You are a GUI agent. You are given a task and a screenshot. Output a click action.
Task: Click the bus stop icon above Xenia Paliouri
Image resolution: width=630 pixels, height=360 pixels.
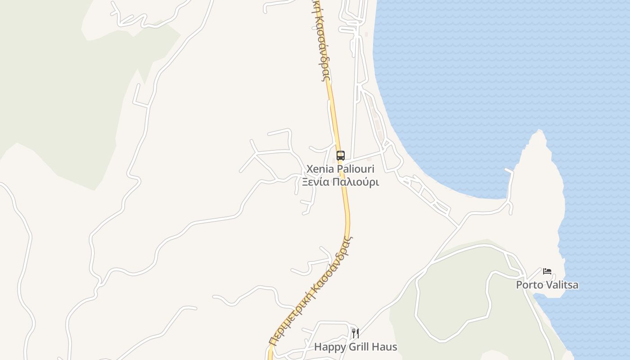click(341, 156)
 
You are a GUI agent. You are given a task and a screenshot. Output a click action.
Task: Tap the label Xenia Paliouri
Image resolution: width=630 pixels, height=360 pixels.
click(340, 169)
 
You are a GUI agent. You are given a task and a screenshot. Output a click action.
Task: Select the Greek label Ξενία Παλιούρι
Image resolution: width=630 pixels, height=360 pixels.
click(340, 182)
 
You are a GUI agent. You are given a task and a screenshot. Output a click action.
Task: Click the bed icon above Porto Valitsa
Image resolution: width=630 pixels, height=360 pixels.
click(547, 271)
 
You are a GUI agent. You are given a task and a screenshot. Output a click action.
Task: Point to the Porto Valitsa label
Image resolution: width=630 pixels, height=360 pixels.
click(547, 285)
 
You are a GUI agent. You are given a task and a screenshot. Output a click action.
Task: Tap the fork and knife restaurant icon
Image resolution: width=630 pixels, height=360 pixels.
click(355, 333)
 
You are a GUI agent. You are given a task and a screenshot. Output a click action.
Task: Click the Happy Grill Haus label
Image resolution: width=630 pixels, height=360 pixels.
click(355, 347)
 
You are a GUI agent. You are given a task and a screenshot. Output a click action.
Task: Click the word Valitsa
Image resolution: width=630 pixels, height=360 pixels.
click(562, 285)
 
